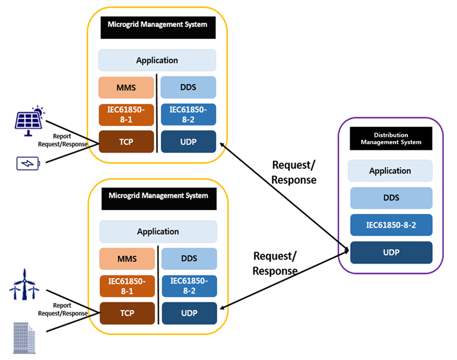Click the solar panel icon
tap(30, 120)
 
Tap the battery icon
tap(28, 164)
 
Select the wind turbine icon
tap(24, 284)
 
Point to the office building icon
tap(24, 338)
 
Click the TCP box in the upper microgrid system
tap(126, 142)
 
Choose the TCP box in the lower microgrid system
tap(127, 313)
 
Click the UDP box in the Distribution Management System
tap(391, 253)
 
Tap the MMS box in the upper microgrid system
tap(126, 87)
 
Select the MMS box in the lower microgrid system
tap(127, 258)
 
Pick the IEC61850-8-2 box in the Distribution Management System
tap(391, 225)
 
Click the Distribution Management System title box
tap(391, 139)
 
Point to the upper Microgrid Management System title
tap(158, 28)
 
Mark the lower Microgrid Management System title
tap(159, 199)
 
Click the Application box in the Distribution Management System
tap(390, 171)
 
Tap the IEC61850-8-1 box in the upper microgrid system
tap(126, 115)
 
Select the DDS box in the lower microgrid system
tap(189, 258)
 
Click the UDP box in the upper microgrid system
tap(188, 142)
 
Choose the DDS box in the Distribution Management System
tap(391, 198)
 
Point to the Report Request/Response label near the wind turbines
tap(63, 309)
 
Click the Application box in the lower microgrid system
tap(158, 231)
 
